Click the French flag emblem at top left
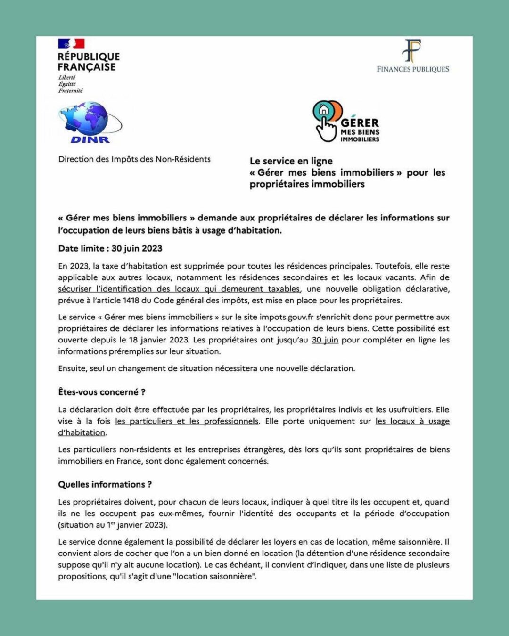click(x=71, y=43)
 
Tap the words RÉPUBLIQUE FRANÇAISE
click(x=89, y=62)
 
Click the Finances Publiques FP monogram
click(x=412, y=50)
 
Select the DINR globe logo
click(x=90, y=122)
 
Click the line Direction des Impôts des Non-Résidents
click(x=134, y=159)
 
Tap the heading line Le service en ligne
click(x=291, y=161)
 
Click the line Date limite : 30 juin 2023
click(x=110, y=248)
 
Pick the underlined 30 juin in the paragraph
click(x=325, y=340)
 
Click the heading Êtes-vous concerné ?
click(x=102, y=392)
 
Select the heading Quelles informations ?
click(x=105, y=484)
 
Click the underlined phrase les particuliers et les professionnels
click(x=187, y=421)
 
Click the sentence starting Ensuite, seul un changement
click(x=206, y=368)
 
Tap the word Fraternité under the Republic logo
click(x=71, y=90)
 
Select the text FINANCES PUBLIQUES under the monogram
click(x=413, y=69)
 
